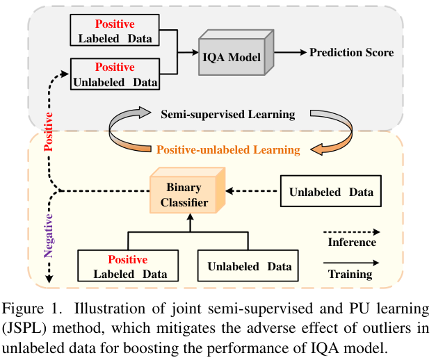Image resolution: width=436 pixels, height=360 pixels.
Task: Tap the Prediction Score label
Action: coord(351,52)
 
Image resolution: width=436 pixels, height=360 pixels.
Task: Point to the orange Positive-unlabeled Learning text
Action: coord(228,149)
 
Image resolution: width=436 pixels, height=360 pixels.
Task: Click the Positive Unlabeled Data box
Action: coord(115,74)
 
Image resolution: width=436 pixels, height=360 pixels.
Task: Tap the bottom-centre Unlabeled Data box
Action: coord(249,266)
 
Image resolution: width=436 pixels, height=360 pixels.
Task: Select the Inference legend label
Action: coord(352,243)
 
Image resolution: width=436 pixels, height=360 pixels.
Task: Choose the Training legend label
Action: coord(352,275)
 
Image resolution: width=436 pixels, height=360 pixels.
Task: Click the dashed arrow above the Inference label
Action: coord(352,230)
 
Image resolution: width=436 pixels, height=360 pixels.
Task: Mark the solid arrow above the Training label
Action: coord(352,262)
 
